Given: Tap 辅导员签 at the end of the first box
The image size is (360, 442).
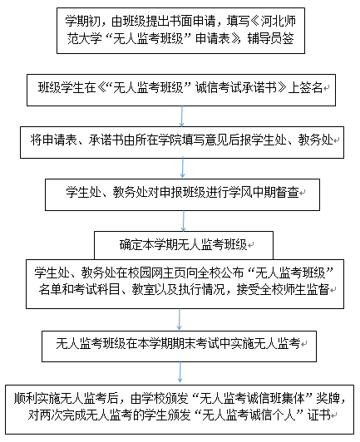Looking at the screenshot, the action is click(271, 38).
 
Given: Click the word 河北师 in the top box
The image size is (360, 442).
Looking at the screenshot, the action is click(279, 22).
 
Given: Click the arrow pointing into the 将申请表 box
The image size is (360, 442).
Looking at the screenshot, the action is click(182, 116).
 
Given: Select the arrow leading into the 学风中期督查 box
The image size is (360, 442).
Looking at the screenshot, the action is click(183, 169).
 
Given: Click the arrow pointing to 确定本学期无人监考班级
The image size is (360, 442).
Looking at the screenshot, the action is click(184, 221).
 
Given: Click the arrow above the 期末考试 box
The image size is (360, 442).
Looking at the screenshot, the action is click(179, 319).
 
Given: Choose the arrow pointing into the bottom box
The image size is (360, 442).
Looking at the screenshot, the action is click(180, 372).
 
